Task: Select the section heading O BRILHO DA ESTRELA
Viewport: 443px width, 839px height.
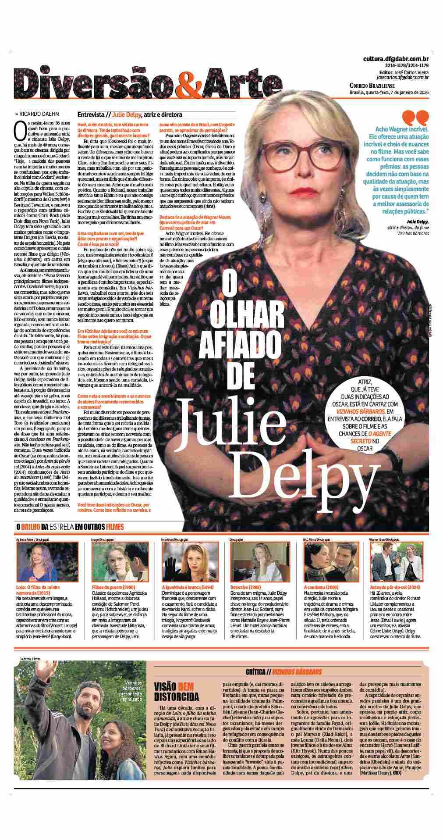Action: pos(70,527)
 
